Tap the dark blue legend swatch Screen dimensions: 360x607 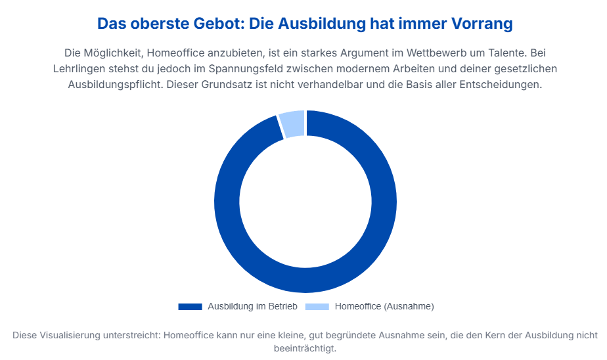pyautogui.click(x=190, y=306)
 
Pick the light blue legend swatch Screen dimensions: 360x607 pyautogui.click(x=318, y=306)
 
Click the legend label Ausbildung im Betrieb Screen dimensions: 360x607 pyautogui.click(x=252, y=306)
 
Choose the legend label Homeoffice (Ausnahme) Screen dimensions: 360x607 pyautogui.click(x=384, y=306)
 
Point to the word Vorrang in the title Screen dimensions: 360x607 pyautogui.click(x=482, y=24)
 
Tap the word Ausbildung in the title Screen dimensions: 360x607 pyautogui.click(x=315, y=24)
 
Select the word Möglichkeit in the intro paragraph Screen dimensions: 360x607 pyautogui.click(x=114, y=52)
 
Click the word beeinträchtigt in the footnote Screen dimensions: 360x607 pyautogui.click(x=304, y=348)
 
